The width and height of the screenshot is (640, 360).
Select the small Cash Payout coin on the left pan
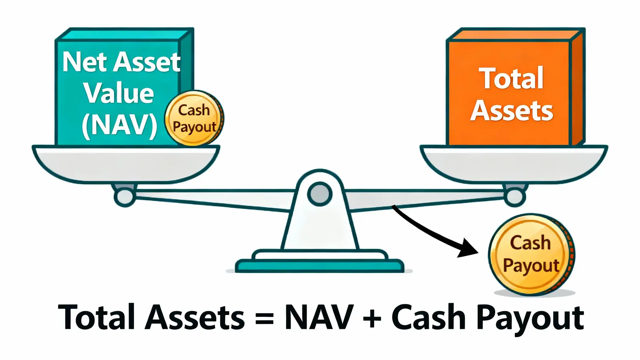click(194, 118)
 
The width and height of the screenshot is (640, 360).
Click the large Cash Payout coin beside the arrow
click(531, 254)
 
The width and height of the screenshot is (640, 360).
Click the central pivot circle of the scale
click(320, 193)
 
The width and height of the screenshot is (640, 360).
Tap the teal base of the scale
click(319, 265)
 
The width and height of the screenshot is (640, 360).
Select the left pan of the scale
click(126, 163)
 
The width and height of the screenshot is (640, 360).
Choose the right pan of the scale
click(514, 163)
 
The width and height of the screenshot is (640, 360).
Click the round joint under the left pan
click(124, 197)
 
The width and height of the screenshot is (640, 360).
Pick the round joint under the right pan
click(514, 197)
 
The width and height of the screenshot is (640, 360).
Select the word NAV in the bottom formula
click(318, 317)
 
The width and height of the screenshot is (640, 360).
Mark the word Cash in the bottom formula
click(429, 317)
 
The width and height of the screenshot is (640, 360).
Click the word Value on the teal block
click(119, 93)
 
